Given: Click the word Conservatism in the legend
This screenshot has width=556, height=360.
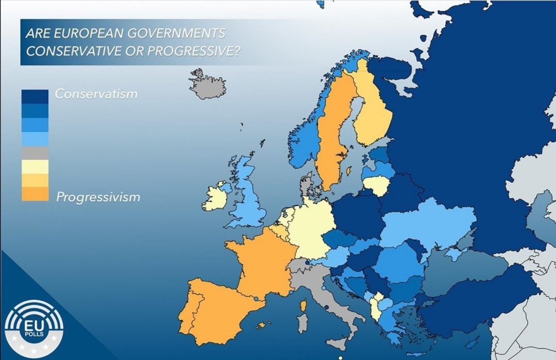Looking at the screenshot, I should (96, 94).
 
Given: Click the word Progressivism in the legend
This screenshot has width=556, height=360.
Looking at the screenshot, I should (98, 197).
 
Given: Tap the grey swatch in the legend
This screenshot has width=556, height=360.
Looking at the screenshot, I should (35, 153).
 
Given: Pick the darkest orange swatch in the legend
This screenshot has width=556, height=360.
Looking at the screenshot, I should (35, 194).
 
